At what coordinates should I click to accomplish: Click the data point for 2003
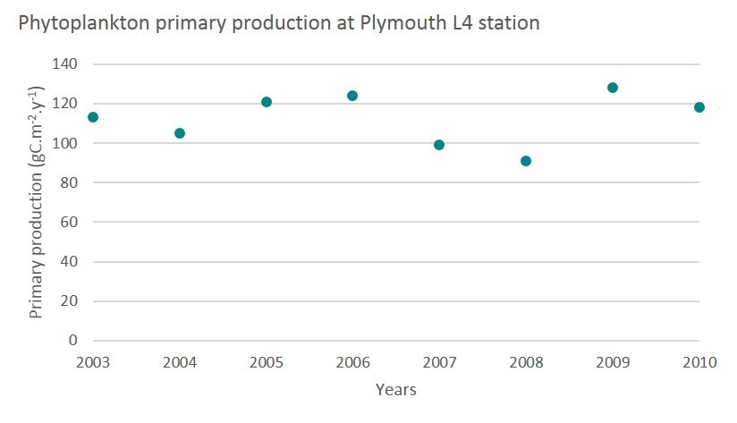[93, 117]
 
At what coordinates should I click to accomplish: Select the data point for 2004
[180, 133]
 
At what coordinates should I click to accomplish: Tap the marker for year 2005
[267, 102]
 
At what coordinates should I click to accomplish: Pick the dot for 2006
[352, 96]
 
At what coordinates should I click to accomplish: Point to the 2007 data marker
[439, 145]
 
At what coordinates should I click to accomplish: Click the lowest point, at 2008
[526, 161]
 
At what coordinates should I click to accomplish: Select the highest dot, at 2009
[613, 88]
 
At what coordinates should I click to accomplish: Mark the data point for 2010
[699, 107]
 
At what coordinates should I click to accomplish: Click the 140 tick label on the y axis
[66, 64]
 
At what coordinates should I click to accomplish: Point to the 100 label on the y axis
[66, 143]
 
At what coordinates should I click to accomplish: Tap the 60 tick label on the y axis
[70, 222]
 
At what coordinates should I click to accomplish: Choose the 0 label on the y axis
[73, 341]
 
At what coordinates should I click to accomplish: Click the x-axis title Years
[395, 390]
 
